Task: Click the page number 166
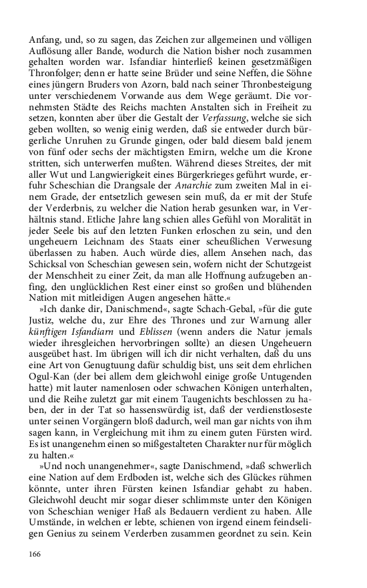pos(35,554)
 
